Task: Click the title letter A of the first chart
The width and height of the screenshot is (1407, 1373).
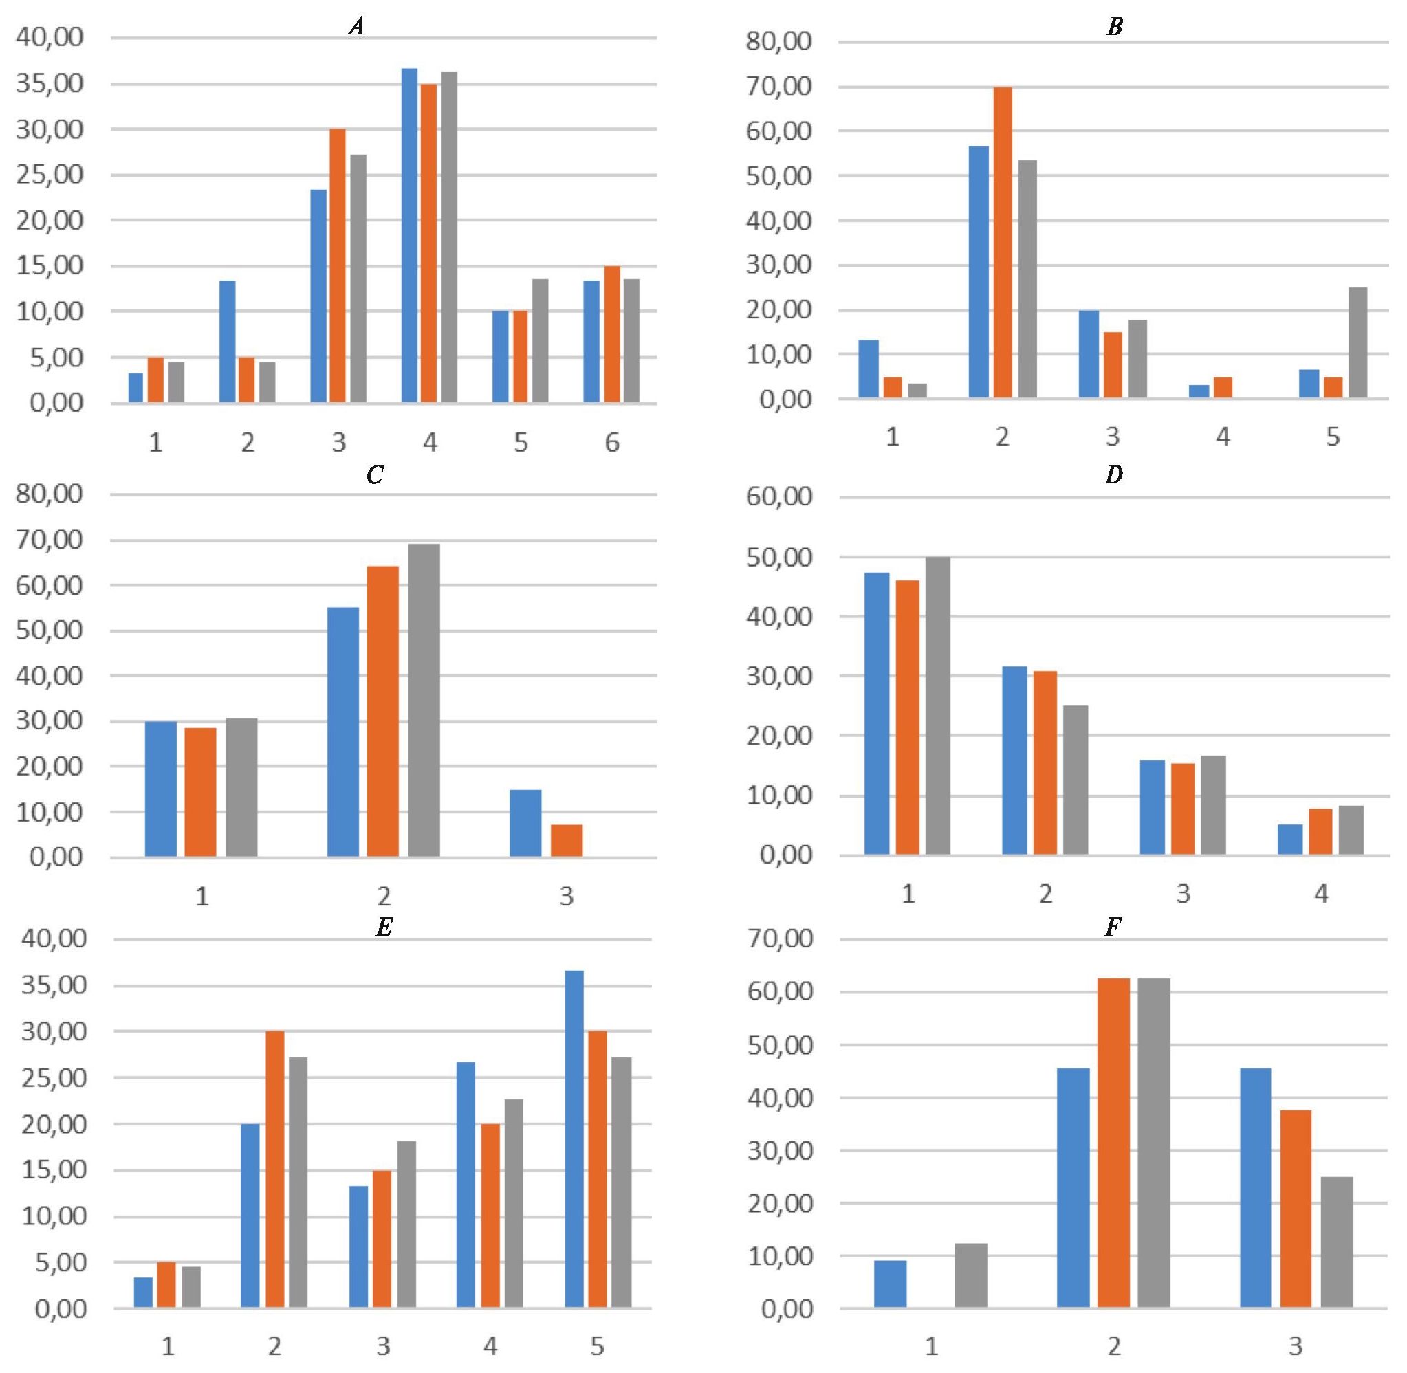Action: pyautogui.click(x=356, y=28)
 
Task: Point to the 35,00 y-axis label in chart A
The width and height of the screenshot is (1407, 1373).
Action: pyautogui.click(x=49, y=84)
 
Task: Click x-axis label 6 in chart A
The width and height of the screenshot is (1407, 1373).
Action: pyautogui.click(x=611, y=442)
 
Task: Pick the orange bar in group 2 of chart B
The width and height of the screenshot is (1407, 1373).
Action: pyautogui.click(x=1003, y=241)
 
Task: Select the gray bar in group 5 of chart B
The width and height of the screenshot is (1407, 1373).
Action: pyautogui.click(x=1358, y=342)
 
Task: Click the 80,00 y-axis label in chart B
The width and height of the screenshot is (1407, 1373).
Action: pyautogui.click(x=780, y=42)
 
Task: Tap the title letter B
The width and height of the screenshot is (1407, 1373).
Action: pyautogui.click(x=1114, y=28)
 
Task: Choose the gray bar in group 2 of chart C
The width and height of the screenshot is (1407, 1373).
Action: pyautogui.click(x=424, y=700)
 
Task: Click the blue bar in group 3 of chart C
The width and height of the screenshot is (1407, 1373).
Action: pyautogui.click(x=525, y=824)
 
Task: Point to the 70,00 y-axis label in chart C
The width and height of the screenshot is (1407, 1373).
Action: pyautogui.click(x=49, y=540)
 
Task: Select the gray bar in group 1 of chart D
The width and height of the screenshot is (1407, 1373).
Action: pyautogui.click(x=937, y=706)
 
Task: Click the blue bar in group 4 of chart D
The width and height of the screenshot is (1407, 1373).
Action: pyautogui.click(x=1290, y=839)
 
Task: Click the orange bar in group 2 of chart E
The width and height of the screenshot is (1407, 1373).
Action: pyautogui.click(x=275, y=1169)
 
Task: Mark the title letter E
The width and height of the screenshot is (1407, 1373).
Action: pyautogui.click(x=384, y=927)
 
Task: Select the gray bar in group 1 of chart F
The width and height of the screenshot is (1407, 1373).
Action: pyautogui.click(x=971, y=1275)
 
